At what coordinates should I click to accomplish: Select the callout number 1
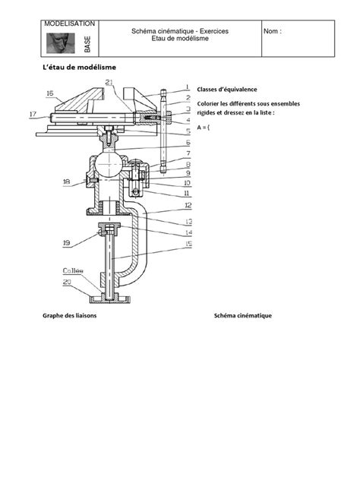pos(186,87)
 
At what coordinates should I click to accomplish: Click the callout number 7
pos(186,152)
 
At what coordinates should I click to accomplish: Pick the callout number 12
pos(186,206)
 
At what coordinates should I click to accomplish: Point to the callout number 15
pos(186,244)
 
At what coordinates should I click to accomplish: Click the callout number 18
pos(68,182)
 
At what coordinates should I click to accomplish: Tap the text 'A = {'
pos(204,128)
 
